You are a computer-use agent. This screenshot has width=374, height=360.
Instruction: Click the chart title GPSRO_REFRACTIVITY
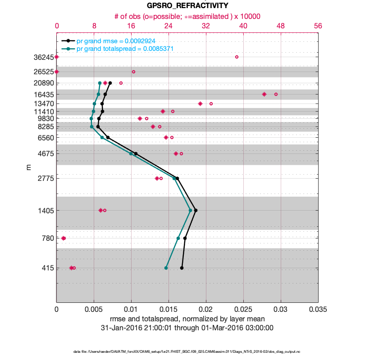(187, 6)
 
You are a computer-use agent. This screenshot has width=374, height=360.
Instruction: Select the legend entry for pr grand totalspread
(125, 49)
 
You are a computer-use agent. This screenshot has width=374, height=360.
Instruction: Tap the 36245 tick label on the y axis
(44, 57)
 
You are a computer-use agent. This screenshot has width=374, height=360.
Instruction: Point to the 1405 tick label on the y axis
(46, 211)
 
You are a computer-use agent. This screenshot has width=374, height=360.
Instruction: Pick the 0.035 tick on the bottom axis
(318, 310)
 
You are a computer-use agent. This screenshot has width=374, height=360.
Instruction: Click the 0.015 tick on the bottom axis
(169, 310)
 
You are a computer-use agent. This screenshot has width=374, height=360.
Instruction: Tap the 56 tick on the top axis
(318, 26)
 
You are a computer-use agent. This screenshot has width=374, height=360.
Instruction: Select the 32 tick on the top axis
(206, 26)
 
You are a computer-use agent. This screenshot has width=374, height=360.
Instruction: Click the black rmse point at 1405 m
(195, 210)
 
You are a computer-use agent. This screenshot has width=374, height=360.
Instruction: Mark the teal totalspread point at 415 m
(166, 268)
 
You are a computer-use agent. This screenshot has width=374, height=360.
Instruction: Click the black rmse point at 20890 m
(110, 83)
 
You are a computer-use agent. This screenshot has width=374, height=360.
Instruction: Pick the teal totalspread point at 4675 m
(131, 153)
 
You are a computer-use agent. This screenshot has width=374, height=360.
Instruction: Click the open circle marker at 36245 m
(237, 57)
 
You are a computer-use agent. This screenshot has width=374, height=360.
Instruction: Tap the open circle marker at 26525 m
(133, 72)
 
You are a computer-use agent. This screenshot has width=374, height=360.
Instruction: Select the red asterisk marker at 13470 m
(200, 103)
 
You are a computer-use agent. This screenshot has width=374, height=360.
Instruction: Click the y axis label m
(28, 167)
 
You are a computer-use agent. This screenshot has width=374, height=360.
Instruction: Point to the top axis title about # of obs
(187, 16)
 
